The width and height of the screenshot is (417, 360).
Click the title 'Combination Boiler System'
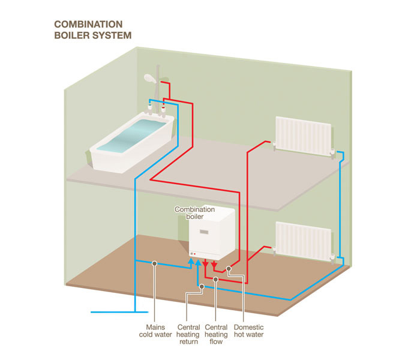coord(93,30)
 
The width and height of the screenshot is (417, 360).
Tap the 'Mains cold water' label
coord(155,331)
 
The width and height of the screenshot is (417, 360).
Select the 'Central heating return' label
coord(188,334)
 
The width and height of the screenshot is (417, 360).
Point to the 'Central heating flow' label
coord(216,334)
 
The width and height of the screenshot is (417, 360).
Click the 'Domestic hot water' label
coord(248,331)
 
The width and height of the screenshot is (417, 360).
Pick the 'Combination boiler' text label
coord(194,213)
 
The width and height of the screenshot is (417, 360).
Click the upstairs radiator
coord(304,136)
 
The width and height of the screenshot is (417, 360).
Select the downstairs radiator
coord(304,241)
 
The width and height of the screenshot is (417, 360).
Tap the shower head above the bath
coord(149,79)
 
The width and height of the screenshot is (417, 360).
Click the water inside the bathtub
coord(131,136)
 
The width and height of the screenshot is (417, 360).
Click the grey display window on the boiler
coord(204,232)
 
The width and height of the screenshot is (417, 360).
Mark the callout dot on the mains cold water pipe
coord(155,263)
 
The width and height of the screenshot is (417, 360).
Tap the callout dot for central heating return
coord(202,286)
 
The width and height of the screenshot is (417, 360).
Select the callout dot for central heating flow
coord(215,279)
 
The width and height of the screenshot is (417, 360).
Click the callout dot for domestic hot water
coord(229,269)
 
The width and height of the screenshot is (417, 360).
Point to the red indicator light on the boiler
coord(194,254)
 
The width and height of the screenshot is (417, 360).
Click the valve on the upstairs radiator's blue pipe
coord(332,153)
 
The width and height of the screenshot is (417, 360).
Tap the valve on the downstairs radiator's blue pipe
coord(332,259)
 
